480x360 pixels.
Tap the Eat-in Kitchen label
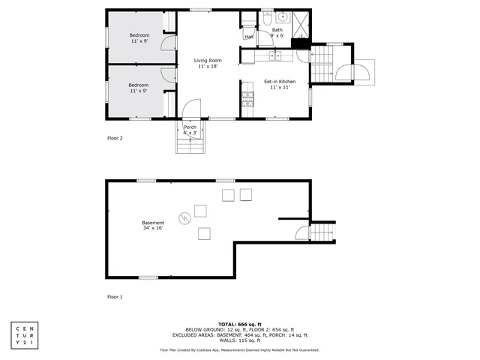[279, 84]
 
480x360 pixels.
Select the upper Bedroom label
[139, 38]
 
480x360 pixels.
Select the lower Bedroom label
[138, 88]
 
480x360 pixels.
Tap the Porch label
[190, 130]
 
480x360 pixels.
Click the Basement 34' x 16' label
[153, 225]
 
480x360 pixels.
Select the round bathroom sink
[284, 16]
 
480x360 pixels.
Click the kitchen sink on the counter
[275, 55]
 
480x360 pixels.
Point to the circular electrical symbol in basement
[184, 218]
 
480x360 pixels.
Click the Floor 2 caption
[114, 139]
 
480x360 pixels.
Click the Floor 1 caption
[114, 297]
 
